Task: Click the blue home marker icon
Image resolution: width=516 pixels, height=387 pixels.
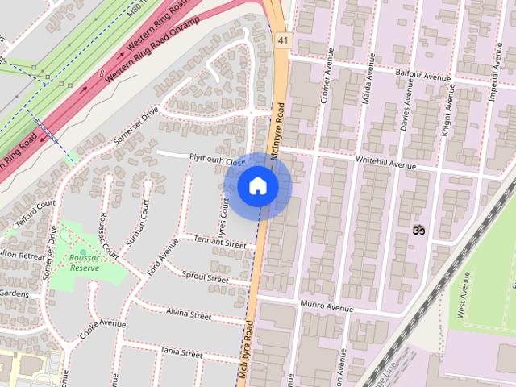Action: click(x=258, y=186)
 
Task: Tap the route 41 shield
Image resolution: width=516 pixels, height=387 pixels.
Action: click(x=281, y=39)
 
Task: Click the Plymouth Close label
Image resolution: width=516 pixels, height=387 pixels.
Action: click(x=217, y=160)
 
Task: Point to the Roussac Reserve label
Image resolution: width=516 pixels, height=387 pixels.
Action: click(x=84, y=262)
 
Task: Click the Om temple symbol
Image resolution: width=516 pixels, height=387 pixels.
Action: click(x=418, y=230)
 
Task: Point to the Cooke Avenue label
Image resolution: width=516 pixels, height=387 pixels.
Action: click(x=102, y=328)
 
